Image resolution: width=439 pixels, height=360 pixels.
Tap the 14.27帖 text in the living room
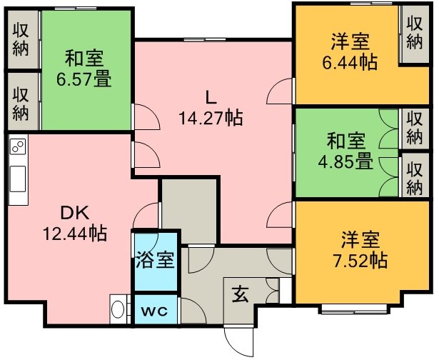tap(211, 118)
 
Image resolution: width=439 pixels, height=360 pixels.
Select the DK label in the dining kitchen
tap(75, 214)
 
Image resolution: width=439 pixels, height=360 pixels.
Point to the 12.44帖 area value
tap(75, 233)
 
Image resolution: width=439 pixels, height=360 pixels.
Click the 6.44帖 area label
tap(350, 62)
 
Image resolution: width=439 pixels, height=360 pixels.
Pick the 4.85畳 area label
tap(345, 161)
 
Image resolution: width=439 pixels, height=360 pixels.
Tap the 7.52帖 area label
tap(360, 260)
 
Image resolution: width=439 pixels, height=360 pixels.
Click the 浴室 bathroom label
tap(156, 260)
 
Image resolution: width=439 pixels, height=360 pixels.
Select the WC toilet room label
tap(154, 311)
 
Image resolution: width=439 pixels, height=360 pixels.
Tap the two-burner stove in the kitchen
tap(18, 146)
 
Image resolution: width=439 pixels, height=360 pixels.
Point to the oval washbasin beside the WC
tap(118, 309)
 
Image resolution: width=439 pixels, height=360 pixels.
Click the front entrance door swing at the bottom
tap(238, 341)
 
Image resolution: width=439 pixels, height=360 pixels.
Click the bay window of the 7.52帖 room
tap(354, 309)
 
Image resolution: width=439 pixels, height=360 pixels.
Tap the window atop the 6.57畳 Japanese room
tap(72, 9)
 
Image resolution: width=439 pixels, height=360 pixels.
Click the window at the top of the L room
tap(205, 40)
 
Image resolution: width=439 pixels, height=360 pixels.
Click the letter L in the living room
tap(211, 98)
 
